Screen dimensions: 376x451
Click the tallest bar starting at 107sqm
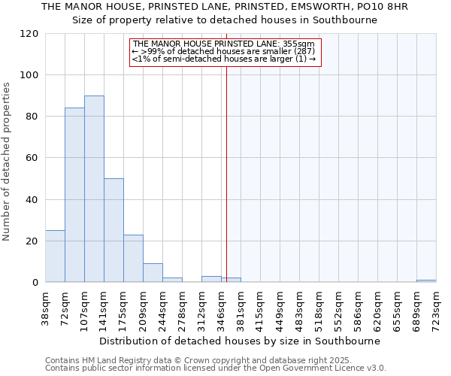[x=94, y=189]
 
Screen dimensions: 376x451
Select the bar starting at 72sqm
[x=74, y=195]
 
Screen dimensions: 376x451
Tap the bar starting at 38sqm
[x=55, y=256]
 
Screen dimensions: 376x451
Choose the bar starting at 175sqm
[x=133, y=259]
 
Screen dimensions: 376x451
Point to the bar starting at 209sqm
[x=153, y=273]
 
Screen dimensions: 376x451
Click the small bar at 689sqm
[x=426, y=281]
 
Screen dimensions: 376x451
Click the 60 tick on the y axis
[x=32, y=158]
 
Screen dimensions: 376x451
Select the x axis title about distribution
[x=240, y=341]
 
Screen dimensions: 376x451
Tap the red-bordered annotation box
[x=225, y=52]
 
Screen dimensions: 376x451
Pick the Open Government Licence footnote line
[x=216, y=368]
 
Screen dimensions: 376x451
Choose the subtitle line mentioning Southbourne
[x=225, y=20]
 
